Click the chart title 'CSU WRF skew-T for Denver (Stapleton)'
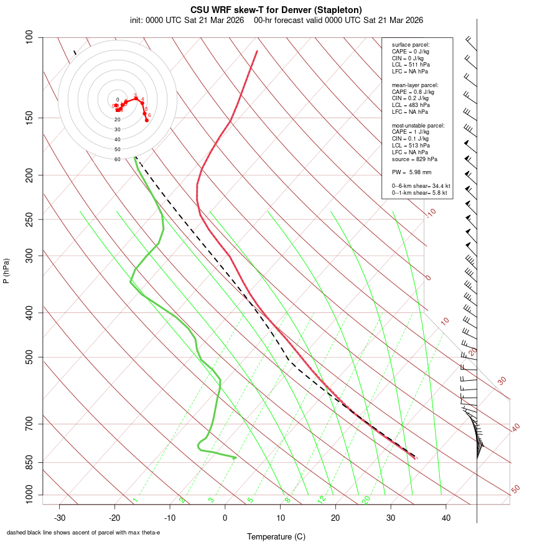pos(276,10)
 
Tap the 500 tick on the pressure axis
pos(30,357)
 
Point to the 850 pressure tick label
pos(30,462)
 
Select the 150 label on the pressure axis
pos(30,118)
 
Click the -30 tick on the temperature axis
pos(60,518)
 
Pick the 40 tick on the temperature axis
pos(446,518)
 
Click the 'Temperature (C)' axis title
pos(276,536)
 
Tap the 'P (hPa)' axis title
pos(6,271)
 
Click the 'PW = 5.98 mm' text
pos(411,172)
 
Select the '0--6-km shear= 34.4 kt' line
pos(421,186)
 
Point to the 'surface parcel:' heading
pos(411,45)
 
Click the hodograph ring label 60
pos(117,159)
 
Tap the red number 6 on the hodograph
pos(149,115)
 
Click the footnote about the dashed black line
pos(83,532)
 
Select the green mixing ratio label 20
pos(366,500)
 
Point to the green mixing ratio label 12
pos(322,500)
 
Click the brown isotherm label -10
pos(430,213)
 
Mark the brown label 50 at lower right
pos(515,490)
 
